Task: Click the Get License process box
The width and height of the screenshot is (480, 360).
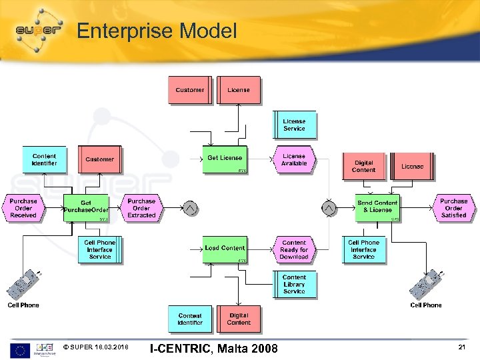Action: point(225,159)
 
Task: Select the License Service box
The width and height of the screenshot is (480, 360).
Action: point(294,125)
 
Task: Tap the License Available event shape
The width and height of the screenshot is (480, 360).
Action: point(294,159)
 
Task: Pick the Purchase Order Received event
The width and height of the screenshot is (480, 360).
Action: point(23,208)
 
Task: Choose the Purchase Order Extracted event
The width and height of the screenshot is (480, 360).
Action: point(141,208)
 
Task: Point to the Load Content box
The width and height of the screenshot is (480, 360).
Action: point(225,249)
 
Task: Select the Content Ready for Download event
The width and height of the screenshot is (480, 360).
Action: point(294,249)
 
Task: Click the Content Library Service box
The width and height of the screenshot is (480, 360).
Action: point(294,285)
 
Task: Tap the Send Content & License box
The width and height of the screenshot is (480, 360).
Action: point(377,207)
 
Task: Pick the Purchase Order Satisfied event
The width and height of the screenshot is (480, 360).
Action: point(454,208)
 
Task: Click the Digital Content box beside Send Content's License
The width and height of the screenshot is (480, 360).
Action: point(364,167)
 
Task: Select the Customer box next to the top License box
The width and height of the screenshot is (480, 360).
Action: point(189,90)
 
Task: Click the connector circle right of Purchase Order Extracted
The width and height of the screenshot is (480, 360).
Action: point(191,209)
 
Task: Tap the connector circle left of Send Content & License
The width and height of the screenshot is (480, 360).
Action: point(329,209)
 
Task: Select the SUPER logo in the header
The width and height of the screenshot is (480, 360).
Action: point(38,31)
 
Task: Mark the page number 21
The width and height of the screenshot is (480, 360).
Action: point(461,348)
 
